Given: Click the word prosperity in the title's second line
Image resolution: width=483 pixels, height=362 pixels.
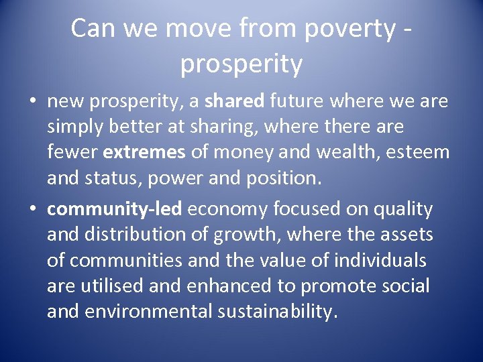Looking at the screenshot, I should point(241,64).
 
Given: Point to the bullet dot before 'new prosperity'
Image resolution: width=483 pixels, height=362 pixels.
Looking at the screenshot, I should point(33,102).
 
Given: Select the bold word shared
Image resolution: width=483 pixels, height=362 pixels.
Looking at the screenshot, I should point(235,101).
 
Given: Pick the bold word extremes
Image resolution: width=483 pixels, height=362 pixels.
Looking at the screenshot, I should point(144,152).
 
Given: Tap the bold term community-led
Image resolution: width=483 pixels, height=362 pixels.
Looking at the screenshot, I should point(114,209).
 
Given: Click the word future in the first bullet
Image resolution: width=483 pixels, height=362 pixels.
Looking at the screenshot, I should point(296,101).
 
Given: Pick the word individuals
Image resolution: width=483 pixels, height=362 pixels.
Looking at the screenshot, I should point(382,260).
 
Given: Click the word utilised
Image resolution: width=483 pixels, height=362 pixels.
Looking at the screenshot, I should point(108,286).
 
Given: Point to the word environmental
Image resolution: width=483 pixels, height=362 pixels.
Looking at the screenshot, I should point(155,312).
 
